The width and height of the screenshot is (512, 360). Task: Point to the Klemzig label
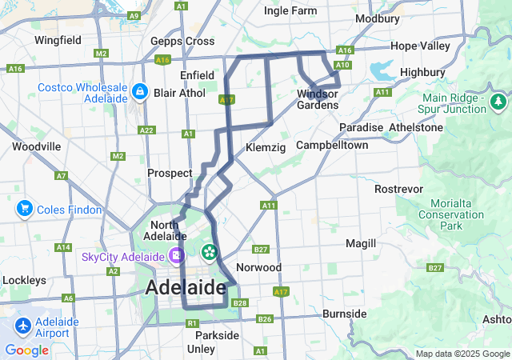click(265, 147)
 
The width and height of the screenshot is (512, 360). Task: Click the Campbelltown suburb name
click(332, 146)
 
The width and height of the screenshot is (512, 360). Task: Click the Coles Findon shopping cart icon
click(24, 210)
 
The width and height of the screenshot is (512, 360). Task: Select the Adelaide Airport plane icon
click(24, 326)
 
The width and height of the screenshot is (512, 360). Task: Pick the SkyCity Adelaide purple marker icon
click(175, 256)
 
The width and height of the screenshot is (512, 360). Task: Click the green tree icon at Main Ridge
click(498, 102)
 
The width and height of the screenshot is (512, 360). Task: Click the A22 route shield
click(146, 130)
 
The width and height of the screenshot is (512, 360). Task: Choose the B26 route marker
click(266, 319)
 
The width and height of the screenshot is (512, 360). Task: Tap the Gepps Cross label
click(182, 41)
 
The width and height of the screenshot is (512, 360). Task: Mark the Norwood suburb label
click(258, 267)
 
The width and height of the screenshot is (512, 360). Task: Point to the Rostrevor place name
click(398, 189)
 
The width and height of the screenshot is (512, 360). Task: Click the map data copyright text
click(462, 354)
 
